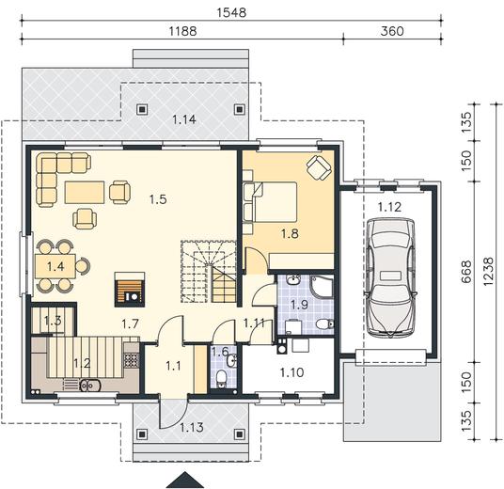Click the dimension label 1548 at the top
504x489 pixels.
click(x=231, y=12)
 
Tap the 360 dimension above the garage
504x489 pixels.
click(x=392, y=31)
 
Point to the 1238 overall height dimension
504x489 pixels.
click(x=488, y=271)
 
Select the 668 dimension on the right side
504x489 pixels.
click(x=466, y=272)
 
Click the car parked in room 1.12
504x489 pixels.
click(x=390, y=277)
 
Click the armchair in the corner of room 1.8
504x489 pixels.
click(x=319, y=167)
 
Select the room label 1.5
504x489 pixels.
click(x=158, y=199)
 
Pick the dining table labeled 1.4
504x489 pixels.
click(x=55, y=266)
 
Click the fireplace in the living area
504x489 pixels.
click(x=130, y=289)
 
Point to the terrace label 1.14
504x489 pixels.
click(x=184, y=119)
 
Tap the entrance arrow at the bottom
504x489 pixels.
click(x=185, y=480)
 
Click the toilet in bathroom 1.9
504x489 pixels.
click(x=324, y=324)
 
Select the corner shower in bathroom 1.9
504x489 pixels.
click(x=322, y=286)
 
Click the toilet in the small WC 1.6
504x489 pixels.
click(x=221, y=378)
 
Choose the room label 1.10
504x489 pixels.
click(x=291, y=372)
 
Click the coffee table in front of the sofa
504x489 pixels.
click(x=85, y=192)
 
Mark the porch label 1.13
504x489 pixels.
click(x=192, y=427)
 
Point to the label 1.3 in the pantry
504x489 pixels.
click(x=53, y=321)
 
